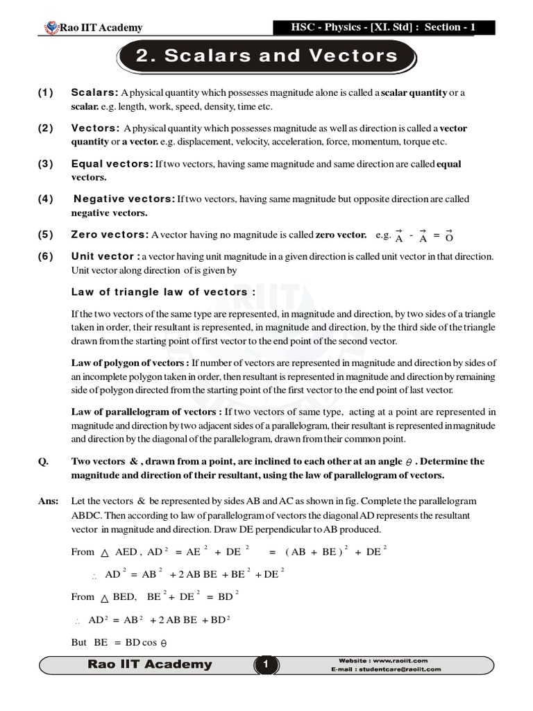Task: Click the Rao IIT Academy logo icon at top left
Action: (51, 28)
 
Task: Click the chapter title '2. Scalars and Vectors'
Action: (266, 56)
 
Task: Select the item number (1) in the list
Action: (46, 92)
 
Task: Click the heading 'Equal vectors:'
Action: (112, 164)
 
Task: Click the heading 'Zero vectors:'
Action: (110, 235)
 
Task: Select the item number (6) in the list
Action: (46, 256)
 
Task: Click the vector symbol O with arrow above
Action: (450, 236)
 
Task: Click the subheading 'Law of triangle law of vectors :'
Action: (163, 292)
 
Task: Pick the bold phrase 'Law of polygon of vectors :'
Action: (130, 362)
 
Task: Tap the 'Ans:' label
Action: (49, 501)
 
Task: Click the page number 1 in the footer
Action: (265, 665)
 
